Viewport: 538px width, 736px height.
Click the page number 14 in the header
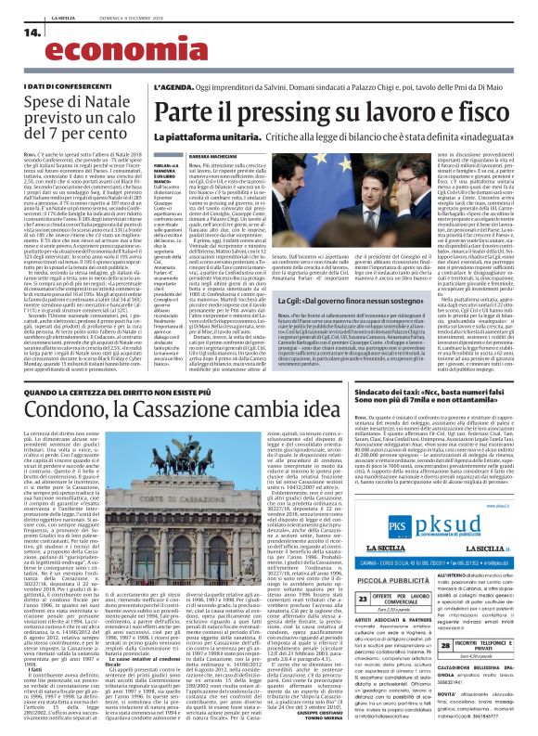[29, 32]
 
